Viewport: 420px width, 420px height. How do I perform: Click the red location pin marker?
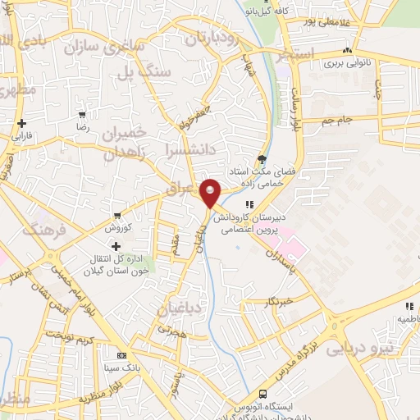pos(211,194)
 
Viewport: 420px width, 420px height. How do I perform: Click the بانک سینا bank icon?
pos(122,357)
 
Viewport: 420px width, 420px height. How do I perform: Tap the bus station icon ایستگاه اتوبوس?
pos(262,394)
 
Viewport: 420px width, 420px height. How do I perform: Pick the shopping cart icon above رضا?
pos(82,115)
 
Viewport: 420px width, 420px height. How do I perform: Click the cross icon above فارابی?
pos(21,123)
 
